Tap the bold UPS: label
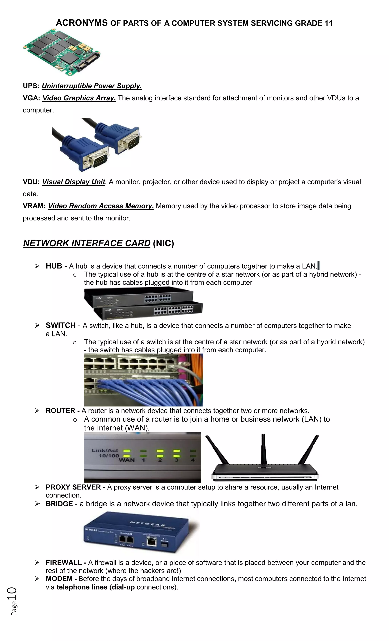[31, 86]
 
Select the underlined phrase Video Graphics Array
[79, 98]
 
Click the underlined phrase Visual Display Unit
[73, 182]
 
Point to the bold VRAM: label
[34, 206]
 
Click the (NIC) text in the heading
[163, 243]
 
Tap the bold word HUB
[54, 266]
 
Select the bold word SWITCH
[61, 326]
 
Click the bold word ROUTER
[60, 411]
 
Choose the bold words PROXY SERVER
[73, 487]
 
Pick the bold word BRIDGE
[59, 504]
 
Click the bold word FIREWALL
[64, 563]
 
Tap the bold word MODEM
[59, 579]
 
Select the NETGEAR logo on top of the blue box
[147, 524]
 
